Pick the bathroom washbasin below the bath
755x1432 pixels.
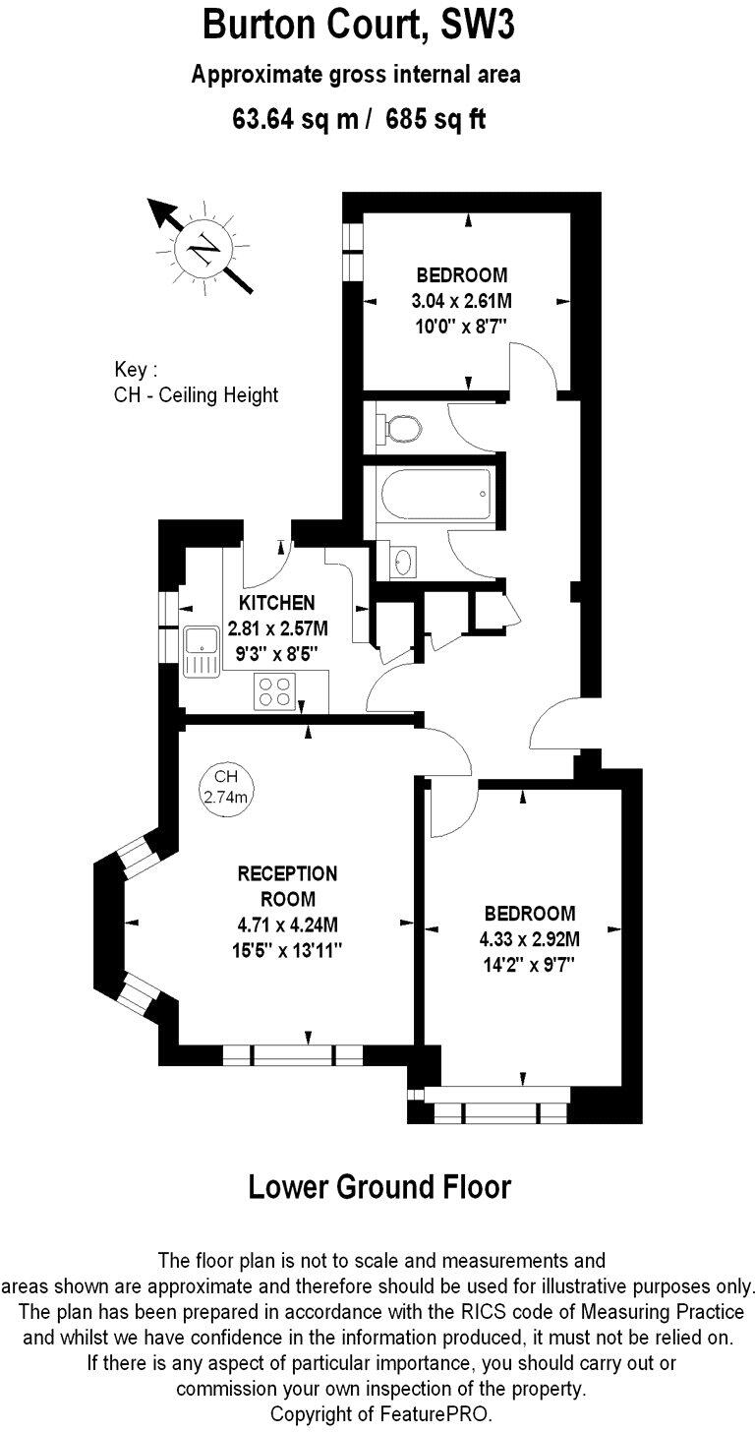(x=402, y=562)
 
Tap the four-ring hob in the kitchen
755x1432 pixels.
(x=274, y=692)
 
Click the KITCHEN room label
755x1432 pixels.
(x=277, y=603)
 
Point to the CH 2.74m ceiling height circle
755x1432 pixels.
(x=226, y=787)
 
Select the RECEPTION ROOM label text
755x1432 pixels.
(x=288, y=886)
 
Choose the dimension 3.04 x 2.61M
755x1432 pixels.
(x=461, y=300)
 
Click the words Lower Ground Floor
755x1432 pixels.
(x=379, y=1186)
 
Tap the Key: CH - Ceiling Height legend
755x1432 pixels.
(x=196, y=384)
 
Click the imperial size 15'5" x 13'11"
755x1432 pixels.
(x=288, y=950)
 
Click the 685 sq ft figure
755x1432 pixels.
(x=436, y=119)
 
